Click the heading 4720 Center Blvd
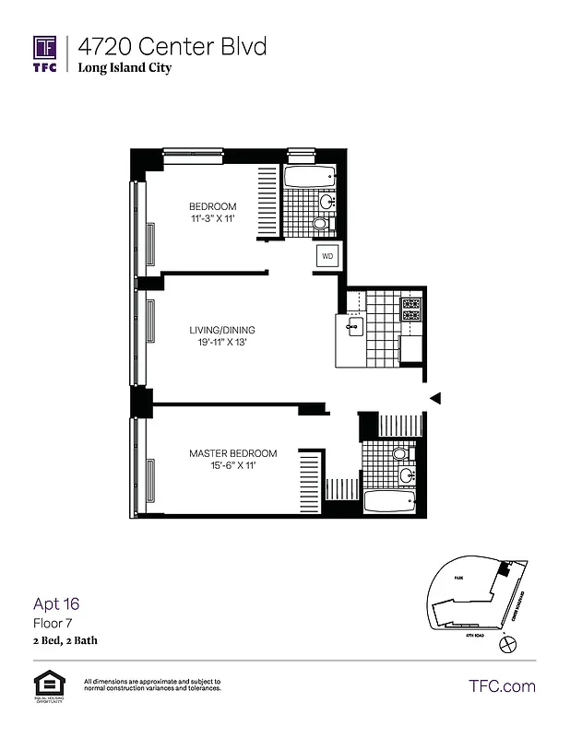pyautogui.click(x=172, y=46)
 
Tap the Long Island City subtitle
pyautogui.click(x=125, y=67)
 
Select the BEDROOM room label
pyautogui.click(x=212, y=206)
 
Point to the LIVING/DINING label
pyautogui.click(x=222, y=330)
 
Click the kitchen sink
pyautogui.click(x=353, y=326)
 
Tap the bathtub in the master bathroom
pyautogui.click(x=390, y=502)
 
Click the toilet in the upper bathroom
pyautogui.click(x=320, y=224)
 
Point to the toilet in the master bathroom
pyautogui.click(x=398, y=454)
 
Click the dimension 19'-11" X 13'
pyautogui.click(x=222, y=343)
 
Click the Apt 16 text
pyautogui.click(x=56, y=604)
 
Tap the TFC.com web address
pyautogui.click(x=502, y=685)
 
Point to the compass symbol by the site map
pyautogui.click(x=504, y=647)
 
